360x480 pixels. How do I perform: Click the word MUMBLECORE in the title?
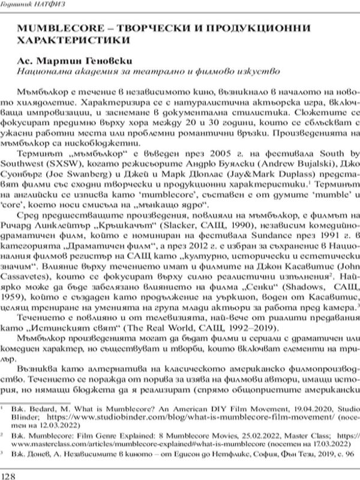click(x=58, y=29)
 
